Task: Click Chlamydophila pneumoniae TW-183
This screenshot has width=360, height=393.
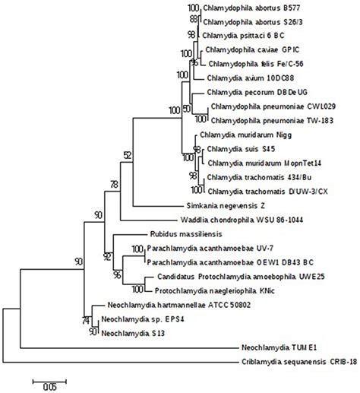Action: click(265, 120)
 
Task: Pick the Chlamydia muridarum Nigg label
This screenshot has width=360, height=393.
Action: click(241, 133)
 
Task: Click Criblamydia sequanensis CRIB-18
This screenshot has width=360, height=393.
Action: click(289, 359)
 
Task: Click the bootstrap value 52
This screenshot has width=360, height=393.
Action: click(127, 154)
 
